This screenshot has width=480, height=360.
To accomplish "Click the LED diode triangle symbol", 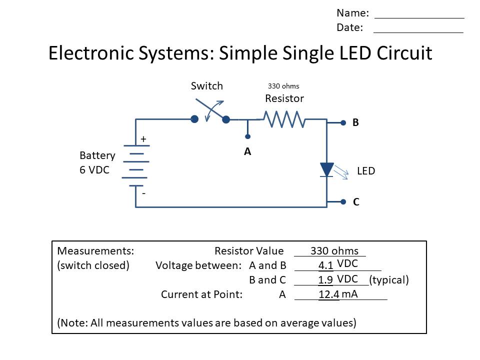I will coord(326,169).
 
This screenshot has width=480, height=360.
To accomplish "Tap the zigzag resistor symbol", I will coord(284,119).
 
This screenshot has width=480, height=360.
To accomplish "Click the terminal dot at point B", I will coord(343,122).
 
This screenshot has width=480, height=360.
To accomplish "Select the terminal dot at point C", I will coord(343,202).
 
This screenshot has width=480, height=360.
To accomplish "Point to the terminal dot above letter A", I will coord(247,136).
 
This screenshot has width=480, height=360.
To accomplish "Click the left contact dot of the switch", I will coord(194,119).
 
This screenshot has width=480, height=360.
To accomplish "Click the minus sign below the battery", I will coord(143,192).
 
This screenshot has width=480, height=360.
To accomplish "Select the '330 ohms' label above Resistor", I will coord(283,86).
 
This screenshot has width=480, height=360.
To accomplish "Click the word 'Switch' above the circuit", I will coord(206,86).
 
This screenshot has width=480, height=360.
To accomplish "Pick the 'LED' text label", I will coord(366,171).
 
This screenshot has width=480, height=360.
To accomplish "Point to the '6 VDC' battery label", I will coord(94,170).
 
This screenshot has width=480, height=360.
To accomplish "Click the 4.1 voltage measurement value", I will coord(325,265).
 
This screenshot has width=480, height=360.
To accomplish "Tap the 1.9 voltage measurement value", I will coord(325,280).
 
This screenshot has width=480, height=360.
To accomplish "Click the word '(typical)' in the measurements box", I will coord(389,280).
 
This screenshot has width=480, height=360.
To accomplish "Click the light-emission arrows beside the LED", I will coord(341,172).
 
